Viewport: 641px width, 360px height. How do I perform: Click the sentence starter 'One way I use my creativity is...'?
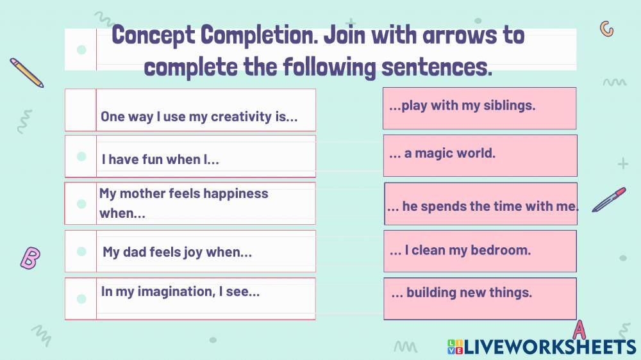(199, 117)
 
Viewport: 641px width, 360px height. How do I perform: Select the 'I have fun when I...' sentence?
(160, 160)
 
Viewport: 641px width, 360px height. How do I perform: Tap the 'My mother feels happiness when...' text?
(183, 203)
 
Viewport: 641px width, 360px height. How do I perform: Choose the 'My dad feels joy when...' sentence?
(177, 252)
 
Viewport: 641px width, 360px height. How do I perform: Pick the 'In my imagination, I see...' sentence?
(180, 291)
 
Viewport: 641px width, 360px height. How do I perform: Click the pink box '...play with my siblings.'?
(479, 108)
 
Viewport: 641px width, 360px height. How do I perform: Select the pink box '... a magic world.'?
(479, 155)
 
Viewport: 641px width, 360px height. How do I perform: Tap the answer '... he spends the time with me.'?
(481, 205)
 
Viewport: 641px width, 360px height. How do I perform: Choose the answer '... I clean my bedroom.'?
(479, 251)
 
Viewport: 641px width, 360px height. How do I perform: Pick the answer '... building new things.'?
(479, 298)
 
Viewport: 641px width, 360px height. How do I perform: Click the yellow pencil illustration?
(26, 72)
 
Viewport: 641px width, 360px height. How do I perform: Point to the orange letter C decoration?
(606, 29)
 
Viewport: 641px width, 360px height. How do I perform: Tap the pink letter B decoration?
(30, 258)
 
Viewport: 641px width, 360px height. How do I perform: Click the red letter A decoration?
(579, 330)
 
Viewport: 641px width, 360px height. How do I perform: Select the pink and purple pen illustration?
(608, 199)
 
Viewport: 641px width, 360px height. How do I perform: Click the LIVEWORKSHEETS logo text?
(542, 347)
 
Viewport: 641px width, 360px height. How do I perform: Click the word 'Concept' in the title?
(153, 35)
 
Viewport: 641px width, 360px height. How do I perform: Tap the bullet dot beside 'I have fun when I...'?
(81, 156)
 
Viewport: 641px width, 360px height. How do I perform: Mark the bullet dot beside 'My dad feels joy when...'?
(81, 252)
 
